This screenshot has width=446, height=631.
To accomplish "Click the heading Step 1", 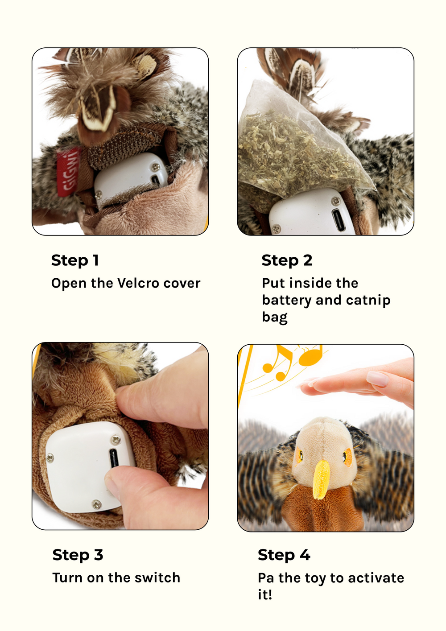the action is [75, 260].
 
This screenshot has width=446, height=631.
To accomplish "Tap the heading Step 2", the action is [287, 260].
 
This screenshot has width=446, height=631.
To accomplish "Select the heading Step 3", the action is [78, 555].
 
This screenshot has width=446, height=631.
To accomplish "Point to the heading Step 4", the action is [284, 555].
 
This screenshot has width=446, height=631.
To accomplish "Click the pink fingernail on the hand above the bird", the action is [378, 378].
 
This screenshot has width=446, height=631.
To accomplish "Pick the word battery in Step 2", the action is [287, 300].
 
